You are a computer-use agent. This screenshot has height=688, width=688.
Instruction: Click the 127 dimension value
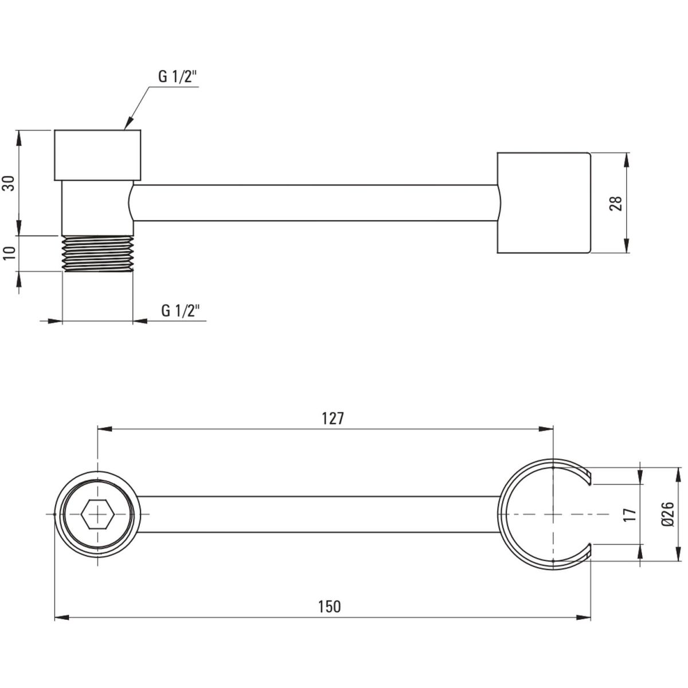pyautogui.click(x=333, y=418)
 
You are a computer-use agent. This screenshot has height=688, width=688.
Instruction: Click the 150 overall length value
pyautogui.click(x=330, y=607)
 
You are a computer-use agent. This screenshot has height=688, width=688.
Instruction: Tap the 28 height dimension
pyautogui.click(x=616, y=203)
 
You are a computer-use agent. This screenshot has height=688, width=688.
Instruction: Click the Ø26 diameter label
pyautogui.click(x=667, y=514)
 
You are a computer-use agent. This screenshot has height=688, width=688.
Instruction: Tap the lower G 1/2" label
pyautogui.click(x=180, y=310)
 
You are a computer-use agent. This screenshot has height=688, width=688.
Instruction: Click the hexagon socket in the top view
pyautogui.click(x=97, y=514)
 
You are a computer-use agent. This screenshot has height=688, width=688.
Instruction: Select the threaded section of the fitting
pyautogui.click(x=97, y=254)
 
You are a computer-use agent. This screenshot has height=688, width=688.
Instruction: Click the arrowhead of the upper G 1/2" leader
pyautogui.click(x=128, y=123)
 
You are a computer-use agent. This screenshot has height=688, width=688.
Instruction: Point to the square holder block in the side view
pyautogui.click(x=544, y=203)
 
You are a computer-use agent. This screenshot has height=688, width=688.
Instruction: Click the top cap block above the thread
pyautogui.click(x=97, y=155)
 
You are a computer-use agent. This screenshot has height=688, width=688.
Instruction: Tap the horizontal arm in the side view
pyautogui.click(x=315, y=203)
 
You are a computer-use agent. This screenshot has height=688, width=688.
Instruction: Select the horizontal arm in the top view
pyautogui.click(x=318, y=514)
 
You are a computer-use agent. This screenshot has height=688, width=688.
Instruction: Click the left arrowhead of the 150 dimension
pyautogui.click(x=61, y=617)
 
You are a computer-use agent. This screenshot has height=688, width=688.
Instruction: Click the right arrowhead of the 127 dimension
pyautogui.click(x=546, y=429)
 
